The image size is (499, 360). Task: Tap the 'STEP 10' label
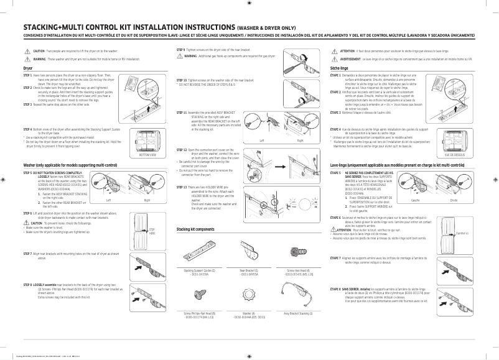[182, 80]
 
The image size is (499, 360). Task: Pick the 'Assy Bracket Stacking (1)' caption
[297, 313]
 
